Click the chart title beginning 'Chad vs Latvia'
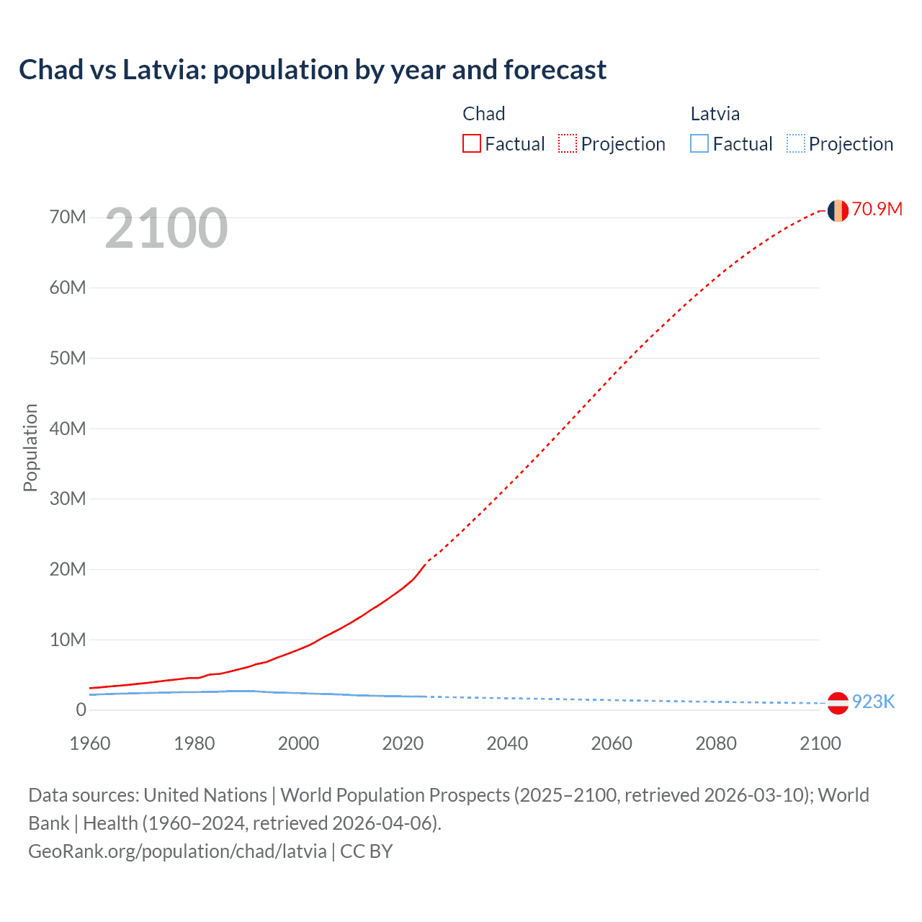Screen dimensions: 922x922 (313, 70)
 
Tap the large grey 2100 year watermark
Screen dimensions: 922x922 (166, 228)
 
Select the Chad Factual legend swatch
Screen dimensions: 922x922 (471, 144)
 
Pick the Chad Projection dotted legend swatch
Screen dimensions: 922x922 (568, 144)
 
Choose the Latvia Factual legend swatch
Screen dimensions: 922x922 (699, 144)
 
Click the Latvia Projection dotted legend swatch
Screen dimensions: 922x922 (796, 144)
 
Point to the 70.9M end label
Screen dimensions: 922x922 (877, 209)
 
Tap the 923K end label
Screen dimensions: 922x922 (873, 702)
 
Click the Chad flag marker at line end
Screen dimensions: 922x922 (838, 210)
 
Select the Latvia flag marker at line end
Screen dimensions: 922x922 (838, 703)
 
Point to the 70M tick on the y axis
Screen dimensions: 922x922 (68, 218)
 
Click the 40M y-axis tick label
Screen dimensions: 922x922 (68, 429)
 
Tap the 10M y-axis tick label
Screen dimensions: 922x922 (68, 640)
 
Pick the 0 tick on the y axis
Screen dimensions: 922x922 (81, 710)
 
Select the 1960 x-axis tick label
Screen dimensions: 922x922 (90, 743)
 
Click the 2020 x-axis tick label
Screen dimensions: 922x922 (403, 743)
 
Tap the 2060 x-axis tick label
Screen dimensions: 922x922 (612, 743)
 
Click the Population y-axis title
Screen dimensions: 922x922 (30, 447)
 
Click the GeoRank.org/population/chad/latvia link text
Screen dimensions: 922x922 (177, 851)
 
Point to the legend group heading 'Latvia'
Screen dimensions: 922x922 (715, 114)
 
